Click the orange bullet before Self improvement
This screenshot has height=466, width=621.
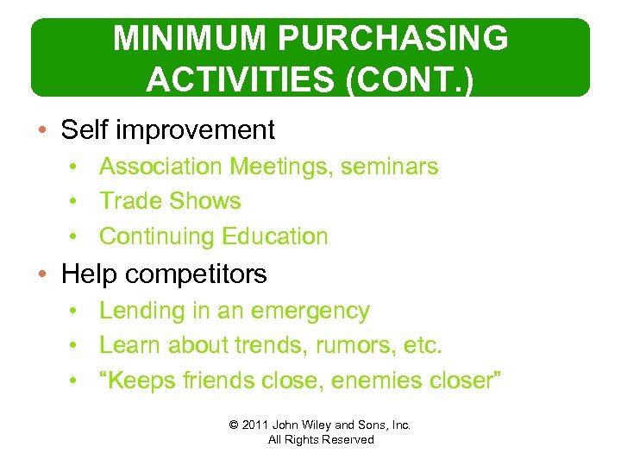point(43,130)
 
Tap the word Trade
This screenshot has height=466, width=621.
point(129,201)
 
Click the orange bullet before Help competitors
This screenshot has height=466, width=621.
point(43,274)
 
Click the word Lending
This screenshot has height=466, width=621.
point(141,311)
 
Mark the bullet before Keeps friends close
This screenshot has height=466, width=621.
point(77,381)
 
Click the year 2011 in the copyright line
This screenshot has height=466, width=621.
point(256,425)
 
